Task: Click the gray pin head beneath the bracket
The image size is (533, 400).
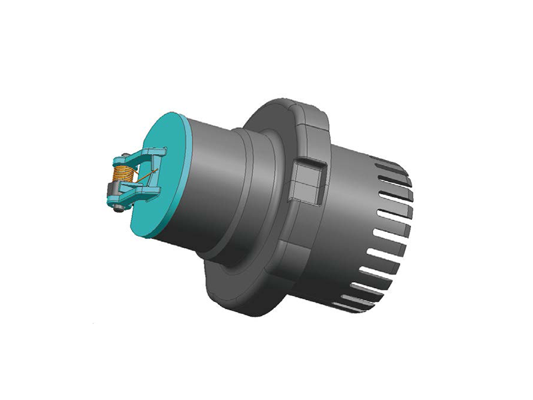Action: [119, 209]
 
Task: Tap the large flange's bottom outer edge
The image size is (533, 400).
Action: [247, 307]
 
